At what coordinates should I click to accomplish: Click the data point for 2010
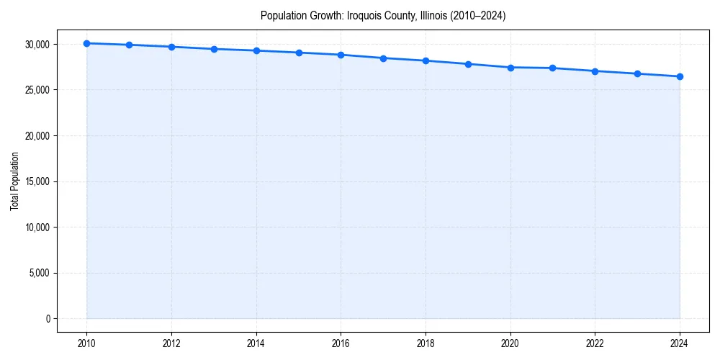coord(86,43)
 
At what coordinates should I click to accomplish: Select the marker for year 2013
coord(214,49)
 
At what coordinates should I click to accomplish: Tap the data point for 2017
coord(383,58)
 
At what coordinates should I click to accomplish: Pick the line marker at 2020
coord(510,68)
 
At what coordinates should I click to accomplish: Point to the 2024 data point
coord(680,76)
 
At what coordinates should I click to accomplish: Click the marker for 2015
coord(299,53)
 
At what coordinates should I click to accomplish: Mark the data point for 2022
coord(595,71)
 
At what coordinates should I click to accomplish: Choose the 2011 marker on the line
coord(129,45)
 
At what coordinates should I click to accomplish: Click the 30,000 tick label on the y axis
coord(36,45)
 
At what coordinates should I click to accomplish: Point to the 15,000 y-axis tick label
coord(36,181)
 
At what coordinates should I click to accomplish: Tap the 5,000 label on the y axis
coord(38,273)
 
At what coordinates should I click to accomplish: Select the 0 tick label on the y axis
coord(48,319)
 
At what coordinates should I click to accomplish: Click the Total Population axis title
coord(14,181)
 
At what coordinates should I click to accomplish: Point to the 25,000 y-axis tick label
coord(36,90)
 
